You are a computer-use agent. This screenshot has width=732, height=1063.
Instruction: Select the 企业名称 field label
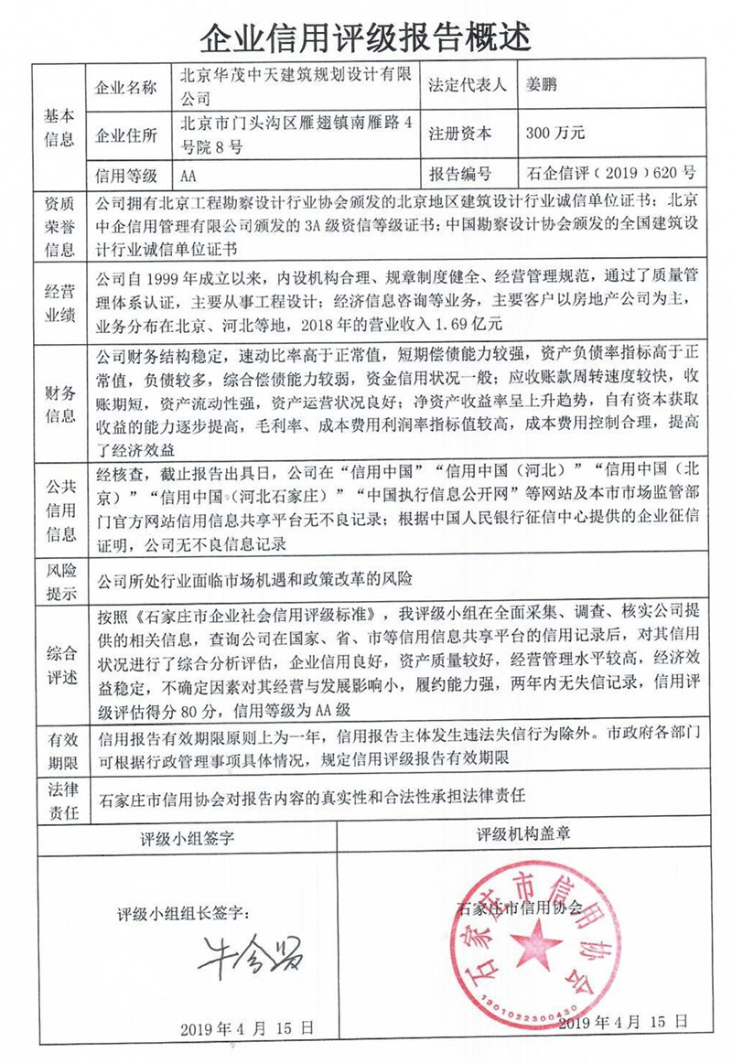click(127, 89)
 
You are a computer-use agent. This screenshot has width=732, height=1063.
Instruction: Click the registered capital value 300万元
click(554, 134)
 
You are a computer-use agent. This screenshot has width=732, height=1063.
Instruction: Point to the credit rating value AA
click(190, 175)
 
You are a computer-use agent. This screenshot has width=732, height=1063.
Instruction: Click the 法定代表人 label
click(467, 88)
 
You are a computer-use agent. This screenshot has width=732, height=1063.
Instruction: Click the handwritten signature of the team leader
click(252, 952)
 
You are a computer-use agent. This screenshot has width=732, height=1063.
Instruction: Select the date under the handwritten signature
click(249, 1026)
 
